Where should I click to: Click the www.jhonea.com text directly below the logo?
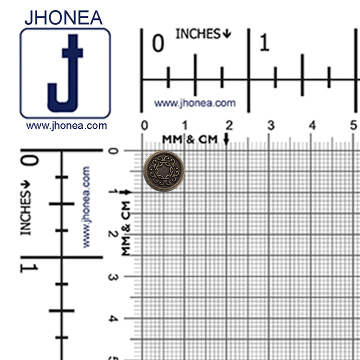coord(66,126)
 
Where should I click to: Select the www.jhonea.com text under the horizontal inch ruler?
coord(194,103)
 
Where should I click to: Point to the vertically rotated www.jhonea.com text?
coord(86,207)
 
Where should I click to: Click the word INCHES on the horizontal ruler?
coord(198,34)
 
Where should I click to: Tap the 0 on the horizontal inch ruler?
coord(158,44)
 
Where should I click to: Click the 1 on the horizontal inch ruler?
coord(264,44)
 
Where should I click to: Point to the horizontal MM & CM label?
coord(189,139)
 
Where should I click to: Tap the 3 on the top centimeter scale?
coord(270,125)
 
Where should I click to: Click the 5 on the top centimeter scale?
coord(353,125)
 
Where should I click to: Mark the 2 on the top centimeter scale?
coord(229,125)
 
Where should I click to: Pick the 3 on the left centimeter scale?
coord(113,276)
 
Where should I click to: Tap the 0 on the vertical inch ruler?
coord(28,162)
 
